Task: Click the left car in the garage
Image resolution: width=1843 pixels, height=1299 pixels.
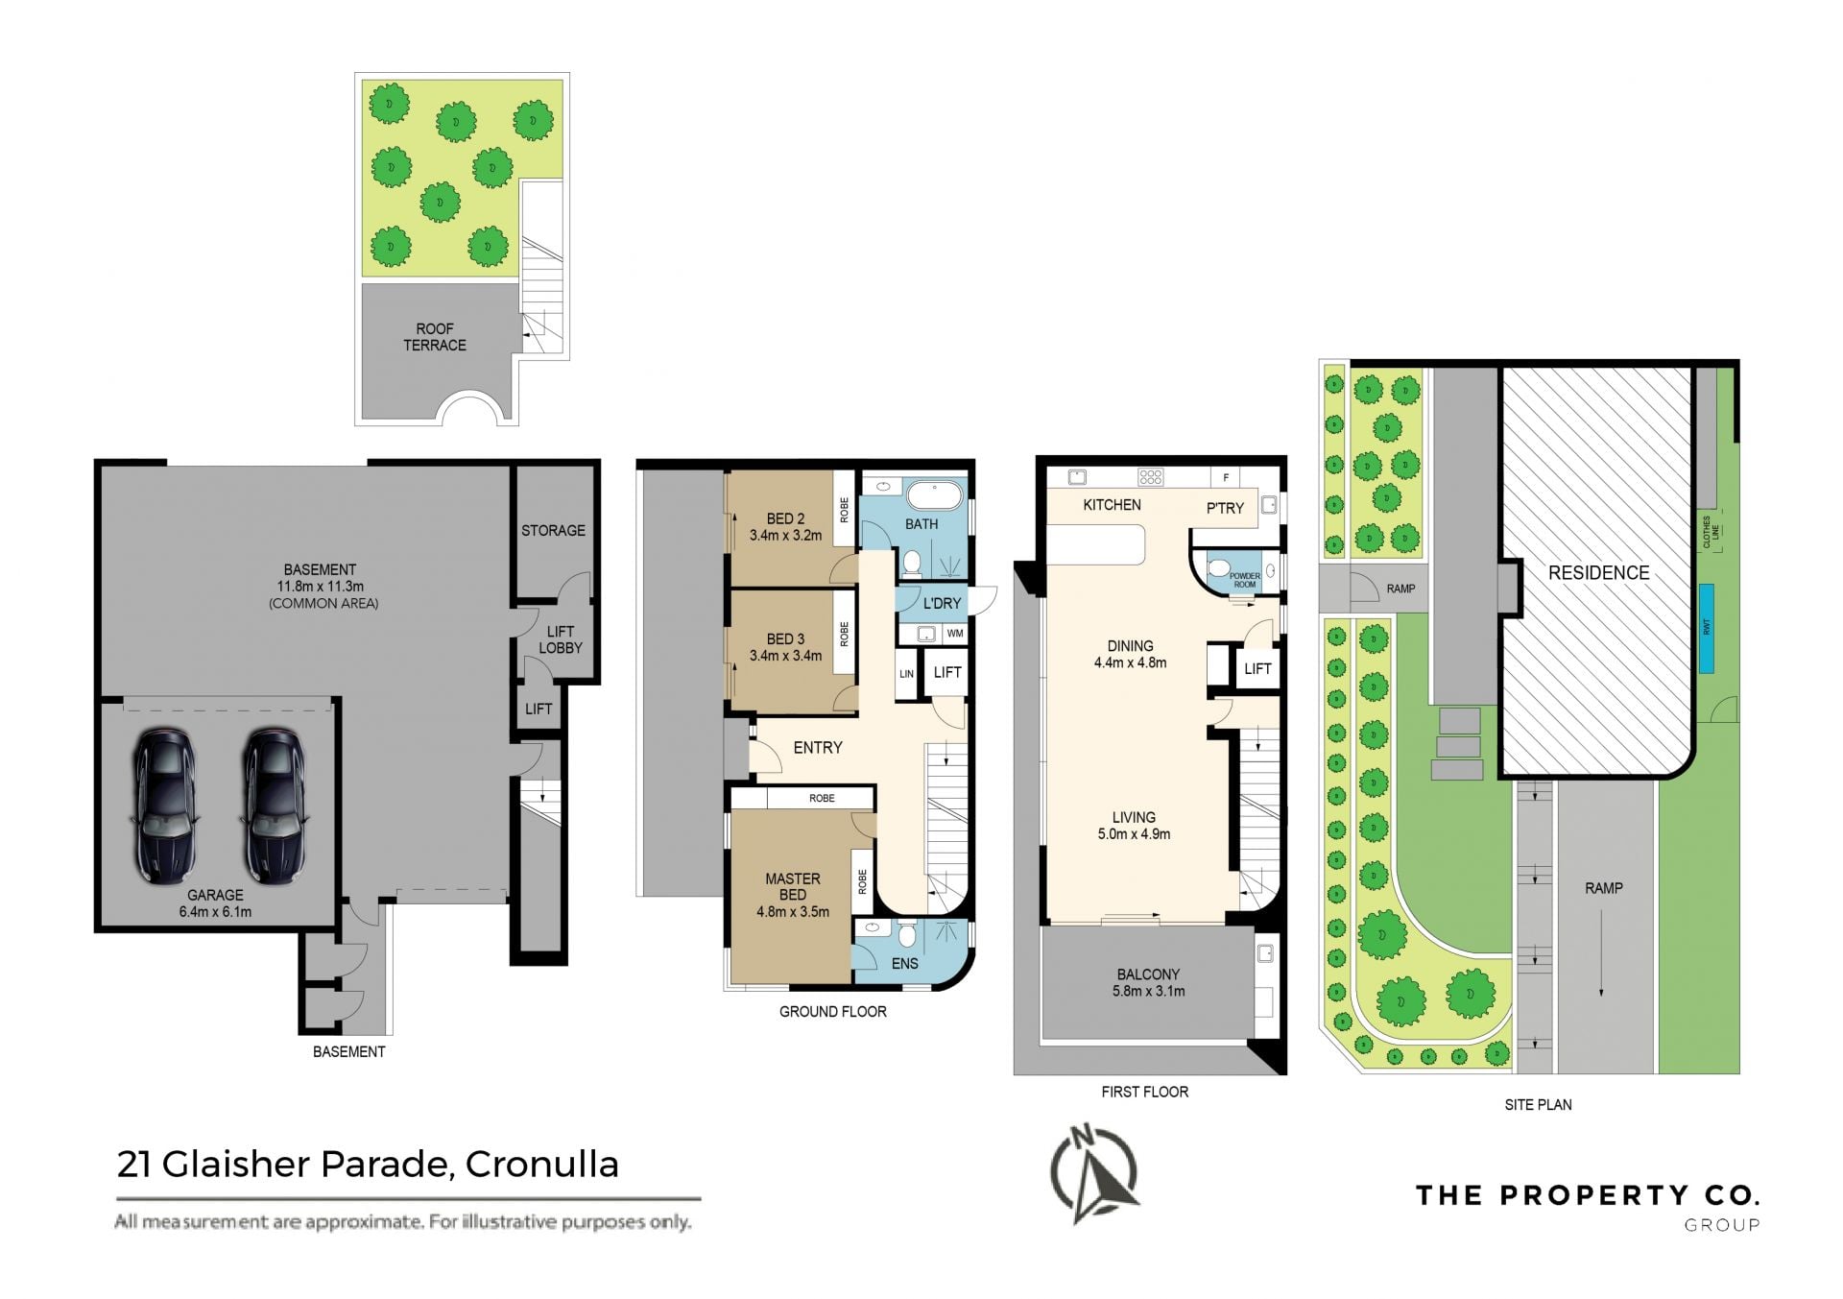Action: pyautogui.click(x=164, y=805)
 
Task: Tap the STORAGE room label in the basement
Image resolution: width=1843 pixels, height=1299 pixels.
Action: pyautogui.click(x=553, y=530)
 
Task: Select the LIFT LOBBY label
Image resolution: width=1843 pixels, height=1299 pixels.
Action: pyautogui.click(x=561, y=639)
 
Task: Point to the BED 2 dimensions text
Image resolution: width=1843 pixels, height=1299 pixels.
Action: pyautogui.click(x=785, y=536)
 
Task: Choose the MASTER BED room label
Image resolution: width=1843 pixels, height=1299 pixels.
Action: pyautogui.click(x=793, y=886)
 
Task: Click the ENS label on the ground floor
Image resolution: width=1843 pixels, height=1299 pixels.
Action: pyautogui.click(x=905, y=963)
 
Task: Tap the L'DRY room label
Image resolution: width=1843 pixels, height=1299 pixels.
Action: pyautogui.click(x=942, y=603)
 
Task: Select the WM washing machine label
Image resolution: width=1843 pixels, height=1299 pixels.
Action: pyautogui.click(x=954, y=634)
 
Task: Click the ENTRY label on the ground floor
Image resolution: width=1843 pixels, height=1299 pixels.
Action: pyautogui.click(x=818, y=747)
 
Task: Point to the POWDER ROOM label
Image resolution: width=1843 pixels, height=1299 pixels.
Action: pyautogui.click(x=1245, y=580)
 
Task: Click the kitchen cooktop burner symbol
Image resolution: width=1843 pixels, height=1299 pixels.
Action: pyautogui.click(x=1150, y=476)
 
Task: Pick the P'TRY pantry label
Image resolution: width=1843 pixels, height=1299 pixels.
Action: pyautogui.click(x=1225, y=508)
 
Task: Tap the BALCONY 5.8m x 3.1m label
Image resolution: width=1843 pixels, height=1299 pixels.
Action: pyautogui.click(x=1148, y=982)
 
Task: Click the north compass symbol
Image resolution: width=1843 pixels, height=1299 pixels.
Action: pyautogui.click(x=1094, y=1174)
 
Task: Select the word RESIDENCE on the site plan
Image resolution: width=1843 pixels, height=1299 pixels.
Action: pyautogui.click(x=1598, y=572)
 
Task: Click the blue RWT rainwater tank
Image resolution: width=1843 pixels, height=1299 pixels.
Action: pyautogui.click(x=1707, y=628)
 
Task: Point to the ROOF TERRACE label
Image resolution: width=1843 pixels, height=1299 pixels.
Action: pyautogui.click(x=435, y=337)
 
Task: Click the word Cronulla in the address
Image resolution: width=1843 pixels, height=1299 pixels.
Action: pyautogui.click(x=542, y=1164)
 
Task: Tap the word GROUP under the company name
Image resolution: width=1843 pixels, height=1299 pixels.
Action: pyautogui.click(x=1722, y=1224)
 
